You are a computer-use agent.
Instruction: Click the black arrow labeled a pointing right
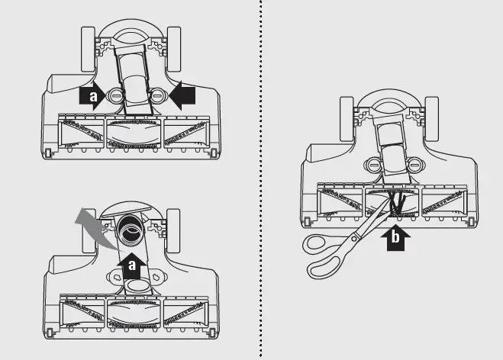point(92,95)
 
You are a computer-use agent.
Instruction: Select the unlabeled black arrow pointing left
point(182,95)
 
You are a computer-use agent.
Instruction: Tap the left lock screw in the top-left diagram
point(116,95)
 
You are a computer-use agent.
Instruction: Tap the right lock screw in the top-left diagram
point(157,95)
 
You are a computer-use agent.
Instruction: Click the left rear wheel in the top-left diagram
point(88,49)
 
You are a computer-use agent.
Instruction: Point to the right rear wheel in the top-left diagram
point(173,49)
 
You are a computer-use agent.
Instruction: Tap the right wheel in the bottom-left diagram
point(173,231)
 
